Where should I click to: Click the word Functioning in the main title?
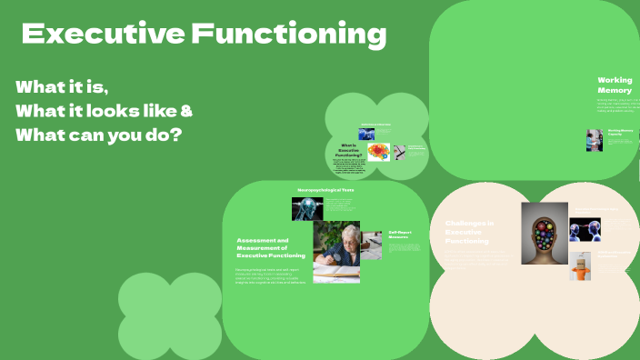[288, 35]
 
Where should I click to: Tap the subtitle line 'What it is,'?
[62, 88]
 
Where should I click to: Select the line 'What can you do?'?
[98, 135]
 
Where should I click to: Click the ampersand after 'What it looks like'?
[185, 112]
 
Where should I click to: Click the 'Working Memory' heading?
[615, 85]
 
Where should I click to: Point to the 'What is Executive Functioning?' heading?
[349, 150]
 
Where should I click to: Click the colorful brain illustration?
[378, 152]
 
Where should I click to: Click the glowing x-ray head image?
[307, 209]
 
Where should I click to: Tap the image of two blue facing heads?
[585, 230]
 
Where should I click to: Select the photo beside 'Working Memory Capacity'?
[594, 139]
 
